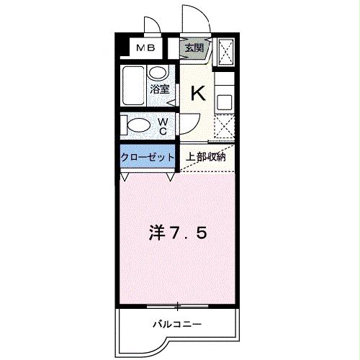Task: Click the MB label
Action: (146, 48)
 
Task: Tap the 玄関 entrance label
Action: (194, 48)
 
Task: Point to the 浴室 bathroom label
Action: (160, 89)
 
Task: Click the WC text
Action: (163, 126)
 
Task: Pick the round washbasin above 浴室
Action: (158, 72)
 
